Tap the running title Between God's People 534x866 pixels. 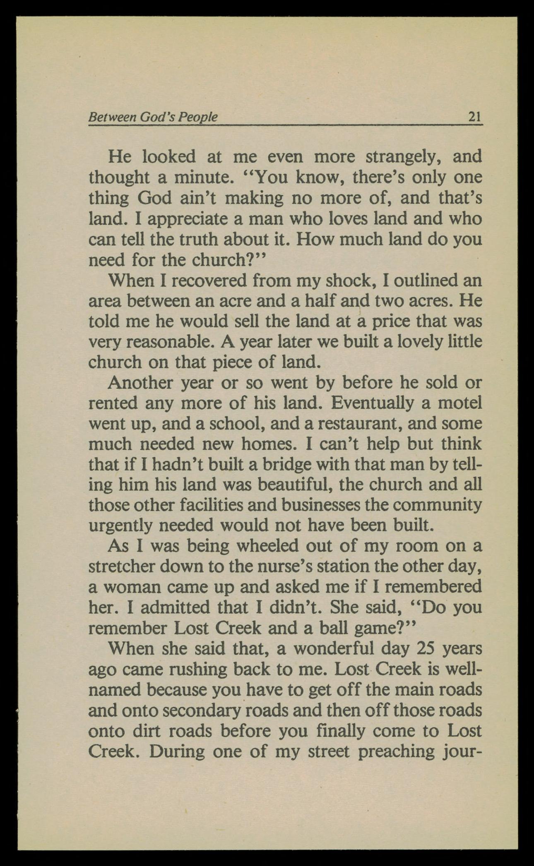click(153, 117)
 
